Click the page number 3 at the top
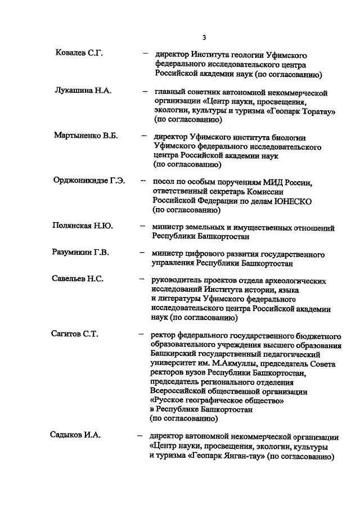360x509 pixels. tap(204, 38)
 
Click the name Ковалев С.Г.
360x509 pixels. tap(79, 55)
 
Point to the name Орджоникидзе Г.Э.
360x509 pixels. tap(89, 181)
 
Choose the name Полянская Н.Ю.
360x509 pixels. tap(83, 227)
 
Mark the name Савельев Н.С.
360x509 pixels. tap(79, 280)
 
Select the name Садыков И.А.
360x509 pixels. tap(73, 435)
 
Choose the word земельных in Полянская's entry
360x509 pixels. tap(211, 228)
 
